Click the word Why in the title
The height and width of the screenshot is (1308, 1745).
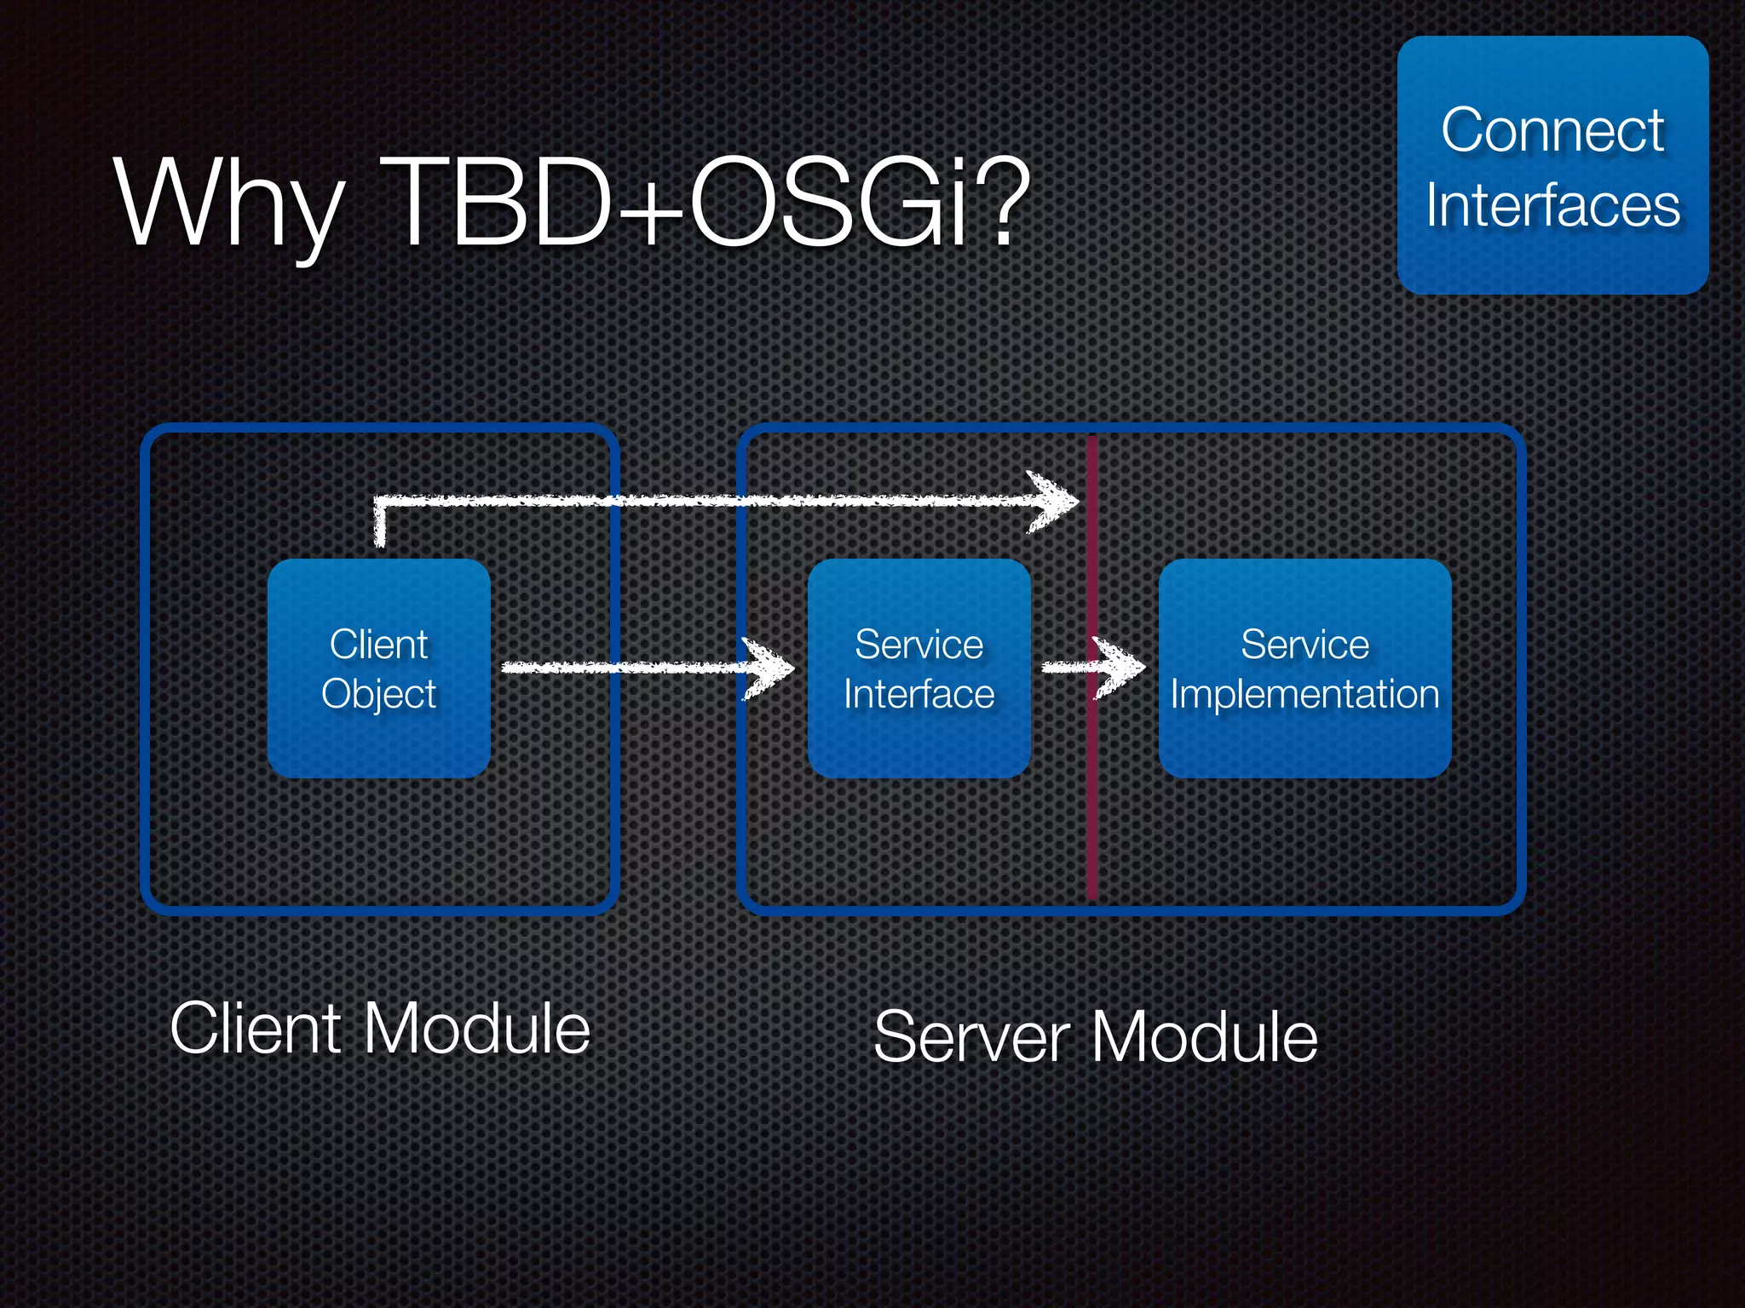point(228,204)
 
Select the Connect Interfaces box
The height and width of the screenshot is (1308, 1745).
point(1552,165)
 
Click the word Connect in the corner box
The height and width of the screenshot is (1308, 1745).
point(1552,130)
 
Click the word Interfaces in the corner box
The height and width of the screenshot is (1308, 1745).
point(1552,205)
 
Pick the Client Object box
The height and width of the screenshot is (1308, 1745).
point(378,668)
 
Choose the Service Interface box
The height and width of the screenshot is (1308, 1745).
point(919,668)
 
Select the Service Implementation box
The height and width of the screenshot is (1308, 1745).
point(1304,668)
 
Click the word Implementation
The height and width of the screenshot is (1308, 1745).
point(1304,694)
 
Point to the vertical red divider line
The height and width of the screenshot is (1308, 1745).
point(1091,809)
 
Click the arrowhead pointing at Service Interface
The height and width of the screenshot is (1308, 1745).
point(771,668)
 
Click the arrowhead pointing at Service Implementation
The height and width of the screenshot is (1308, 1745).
point(1123,668)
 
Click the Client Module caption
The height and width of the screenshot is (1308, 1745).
point(380,1029)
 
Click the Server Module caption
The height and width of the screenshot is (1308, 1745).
point(1096,1036)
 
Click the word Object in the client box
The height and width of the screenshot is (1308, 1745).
point(378,694)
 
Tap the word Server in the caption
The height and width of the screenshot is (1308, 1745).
point(971,1036)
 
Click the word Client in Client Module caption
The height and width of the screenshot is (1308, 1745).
point(256,1029)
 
